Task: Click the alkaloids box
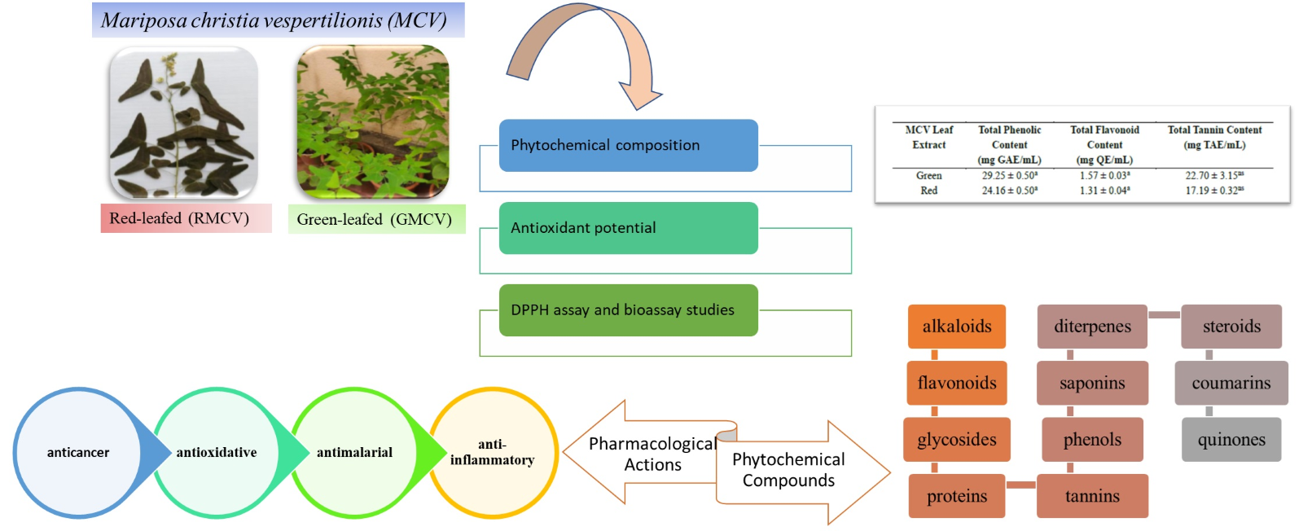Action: (956, 327)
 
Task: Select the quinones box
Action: (1231, 440)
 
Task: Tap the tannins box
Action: (1091, 496)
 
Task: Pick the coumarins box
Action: (1231, 383)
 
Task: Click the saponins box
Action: (1091, 383)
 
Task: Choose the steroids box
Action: (1231, 327)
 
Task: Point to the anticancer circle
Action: (77, 453)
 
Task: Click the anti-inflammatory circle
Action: (493, 453)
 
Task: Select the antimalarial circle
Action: (354, 453)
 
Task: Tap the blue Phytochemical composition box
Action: (628, 145)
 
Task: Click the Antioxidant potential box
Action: (628, 228)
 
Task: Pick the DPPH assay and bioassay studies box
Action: (628, 310)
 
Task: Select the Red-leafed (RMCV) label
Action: (186, 218)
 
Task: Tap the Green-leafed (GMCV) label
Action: (375, 219)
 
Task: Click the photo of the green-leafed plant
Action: (373, 122)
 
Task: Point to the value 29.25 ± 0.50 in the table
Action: (1009, 175)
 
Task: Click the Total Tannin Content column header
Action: (1214, 137)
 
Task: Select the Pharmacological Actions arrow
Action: (643, 454)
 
